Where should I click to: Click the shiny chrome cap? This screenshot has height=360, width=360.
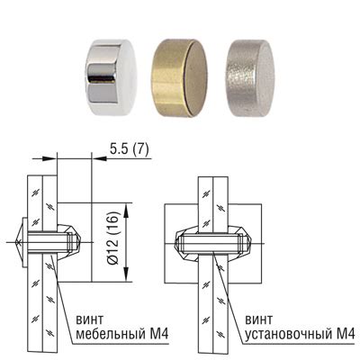tap(111, 73)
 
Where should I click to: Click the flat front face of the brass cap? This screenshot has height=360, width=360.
tap(196, 78)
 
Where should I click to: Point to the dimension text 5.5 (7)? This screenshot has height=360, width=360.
tap(129, 149)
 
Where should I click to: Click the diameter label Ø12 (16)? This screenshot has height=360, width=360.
tap(113, 238)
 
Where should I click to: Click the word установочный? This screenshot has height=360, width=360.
tap(285, 334)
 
